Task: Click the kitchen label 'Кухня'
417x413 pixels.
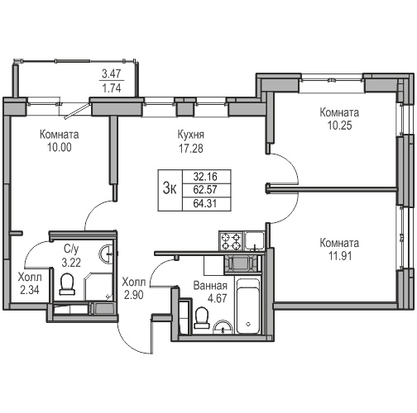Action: click(190, 135)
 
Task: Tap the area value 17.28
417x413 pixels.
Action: click(190, 149)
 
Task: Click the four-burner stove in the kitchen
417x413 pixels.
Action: click(230, 241)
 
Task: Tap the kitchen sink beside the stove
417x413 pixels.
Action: click(255, 240)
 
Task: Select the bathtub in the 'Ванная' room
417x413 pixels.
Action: click(248, 306)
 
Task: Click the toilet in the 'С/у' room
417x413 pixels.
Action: click(68, 284)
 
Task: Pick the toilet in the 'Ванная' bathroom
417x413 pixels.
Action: click(200, 317)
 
